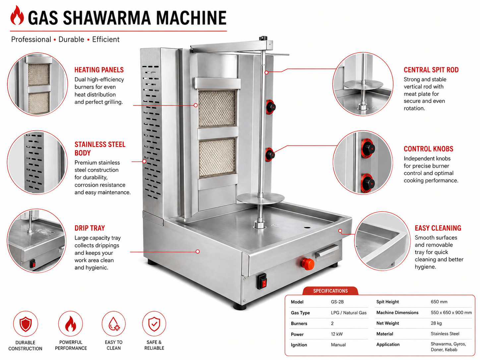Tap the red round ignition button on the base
[308, 264]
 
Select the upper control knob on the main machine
[270, 107]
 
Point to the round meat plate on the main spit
[261, 198]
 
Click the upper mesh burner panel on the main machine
[217, 108]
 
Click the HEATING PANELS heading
[99, 70]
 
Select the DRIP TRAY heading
[90, 228]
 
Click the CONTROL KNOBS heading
[428, 149]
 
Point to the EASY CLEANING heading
[438, 228]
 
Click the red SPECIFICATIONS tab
[330, 291]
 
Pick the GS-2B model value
[337, 302]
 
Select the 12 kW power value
[337, 334]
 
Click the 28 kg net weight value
[436, 323]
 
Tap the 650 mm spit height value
[439, 302]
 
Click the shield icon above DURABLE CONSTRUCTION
[26, 324]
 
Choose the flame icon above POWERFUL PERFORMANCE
[71, 324]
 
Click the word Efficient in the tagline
[106, 39]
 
